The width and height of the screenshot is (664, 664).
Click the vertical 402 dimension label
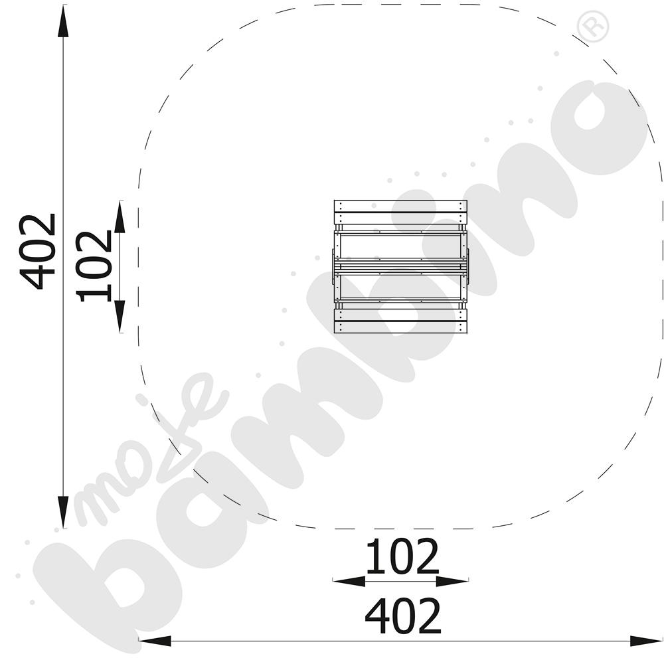click(x=38, y=252)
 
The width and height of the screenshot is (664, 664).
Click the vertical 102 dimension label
click(x=94, y=266)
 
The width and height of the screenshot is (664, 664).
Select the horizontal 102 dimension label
click(x=402, y=556)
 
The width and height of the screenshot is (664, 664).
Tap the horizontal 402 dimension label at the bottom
click(x=403, y=616)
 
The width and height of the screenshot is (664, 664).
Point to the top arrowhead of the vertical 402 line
click(x=63, y=22)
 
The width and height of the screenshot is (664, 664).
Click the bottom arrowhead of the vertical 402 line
click(x=63, y=512)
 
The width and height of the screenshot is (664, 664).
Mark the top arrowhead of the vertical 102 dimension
click(x=120, y=216)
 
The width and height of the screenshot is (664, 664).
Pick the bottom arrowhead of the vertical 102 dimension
click(x=120, y=316)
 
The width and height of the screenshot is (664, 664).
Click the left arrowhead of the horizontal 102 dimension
click(x=349, y=581)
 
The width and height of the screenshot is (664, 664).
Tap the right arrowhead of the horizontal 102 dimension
click(x=452, y=581)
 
